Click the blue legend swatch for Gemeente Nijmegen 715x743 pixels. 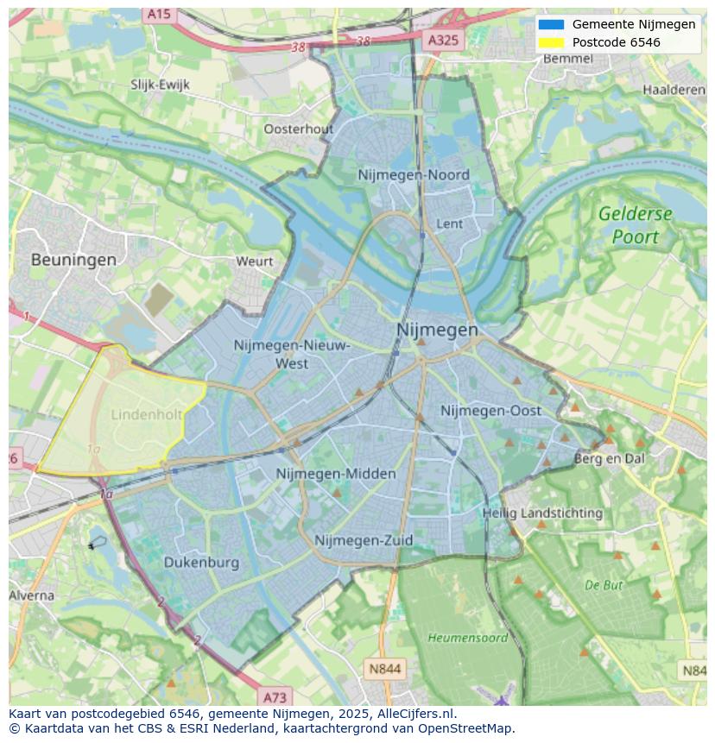coord(550,25)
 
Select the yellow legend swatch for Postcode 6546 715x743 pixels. coord(550,42)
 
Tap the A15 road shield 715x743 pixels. coord(159,15)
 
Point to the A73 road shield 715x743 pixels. coord(275,697)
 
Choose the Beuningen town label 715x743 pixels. coord(73,259)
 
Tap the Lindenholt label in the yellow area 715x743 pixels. coord(146,415)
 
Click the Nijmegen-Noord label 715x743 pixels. coord(414,175)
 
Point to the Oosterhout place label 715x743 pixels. coord(298,129)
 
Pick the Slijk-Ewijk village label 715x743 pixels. coord(160,85)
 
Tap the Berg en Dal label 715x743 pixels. coord(610,459)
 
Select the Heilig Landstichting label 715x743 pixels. coord(542,513)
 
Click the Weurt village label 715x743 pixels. coord(254,261)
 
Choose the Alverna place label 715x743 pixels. coord(31,595)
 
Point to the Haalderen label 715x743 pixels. coord(674,90)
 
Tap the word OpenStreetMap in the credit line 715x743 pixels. coord(465,728)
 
